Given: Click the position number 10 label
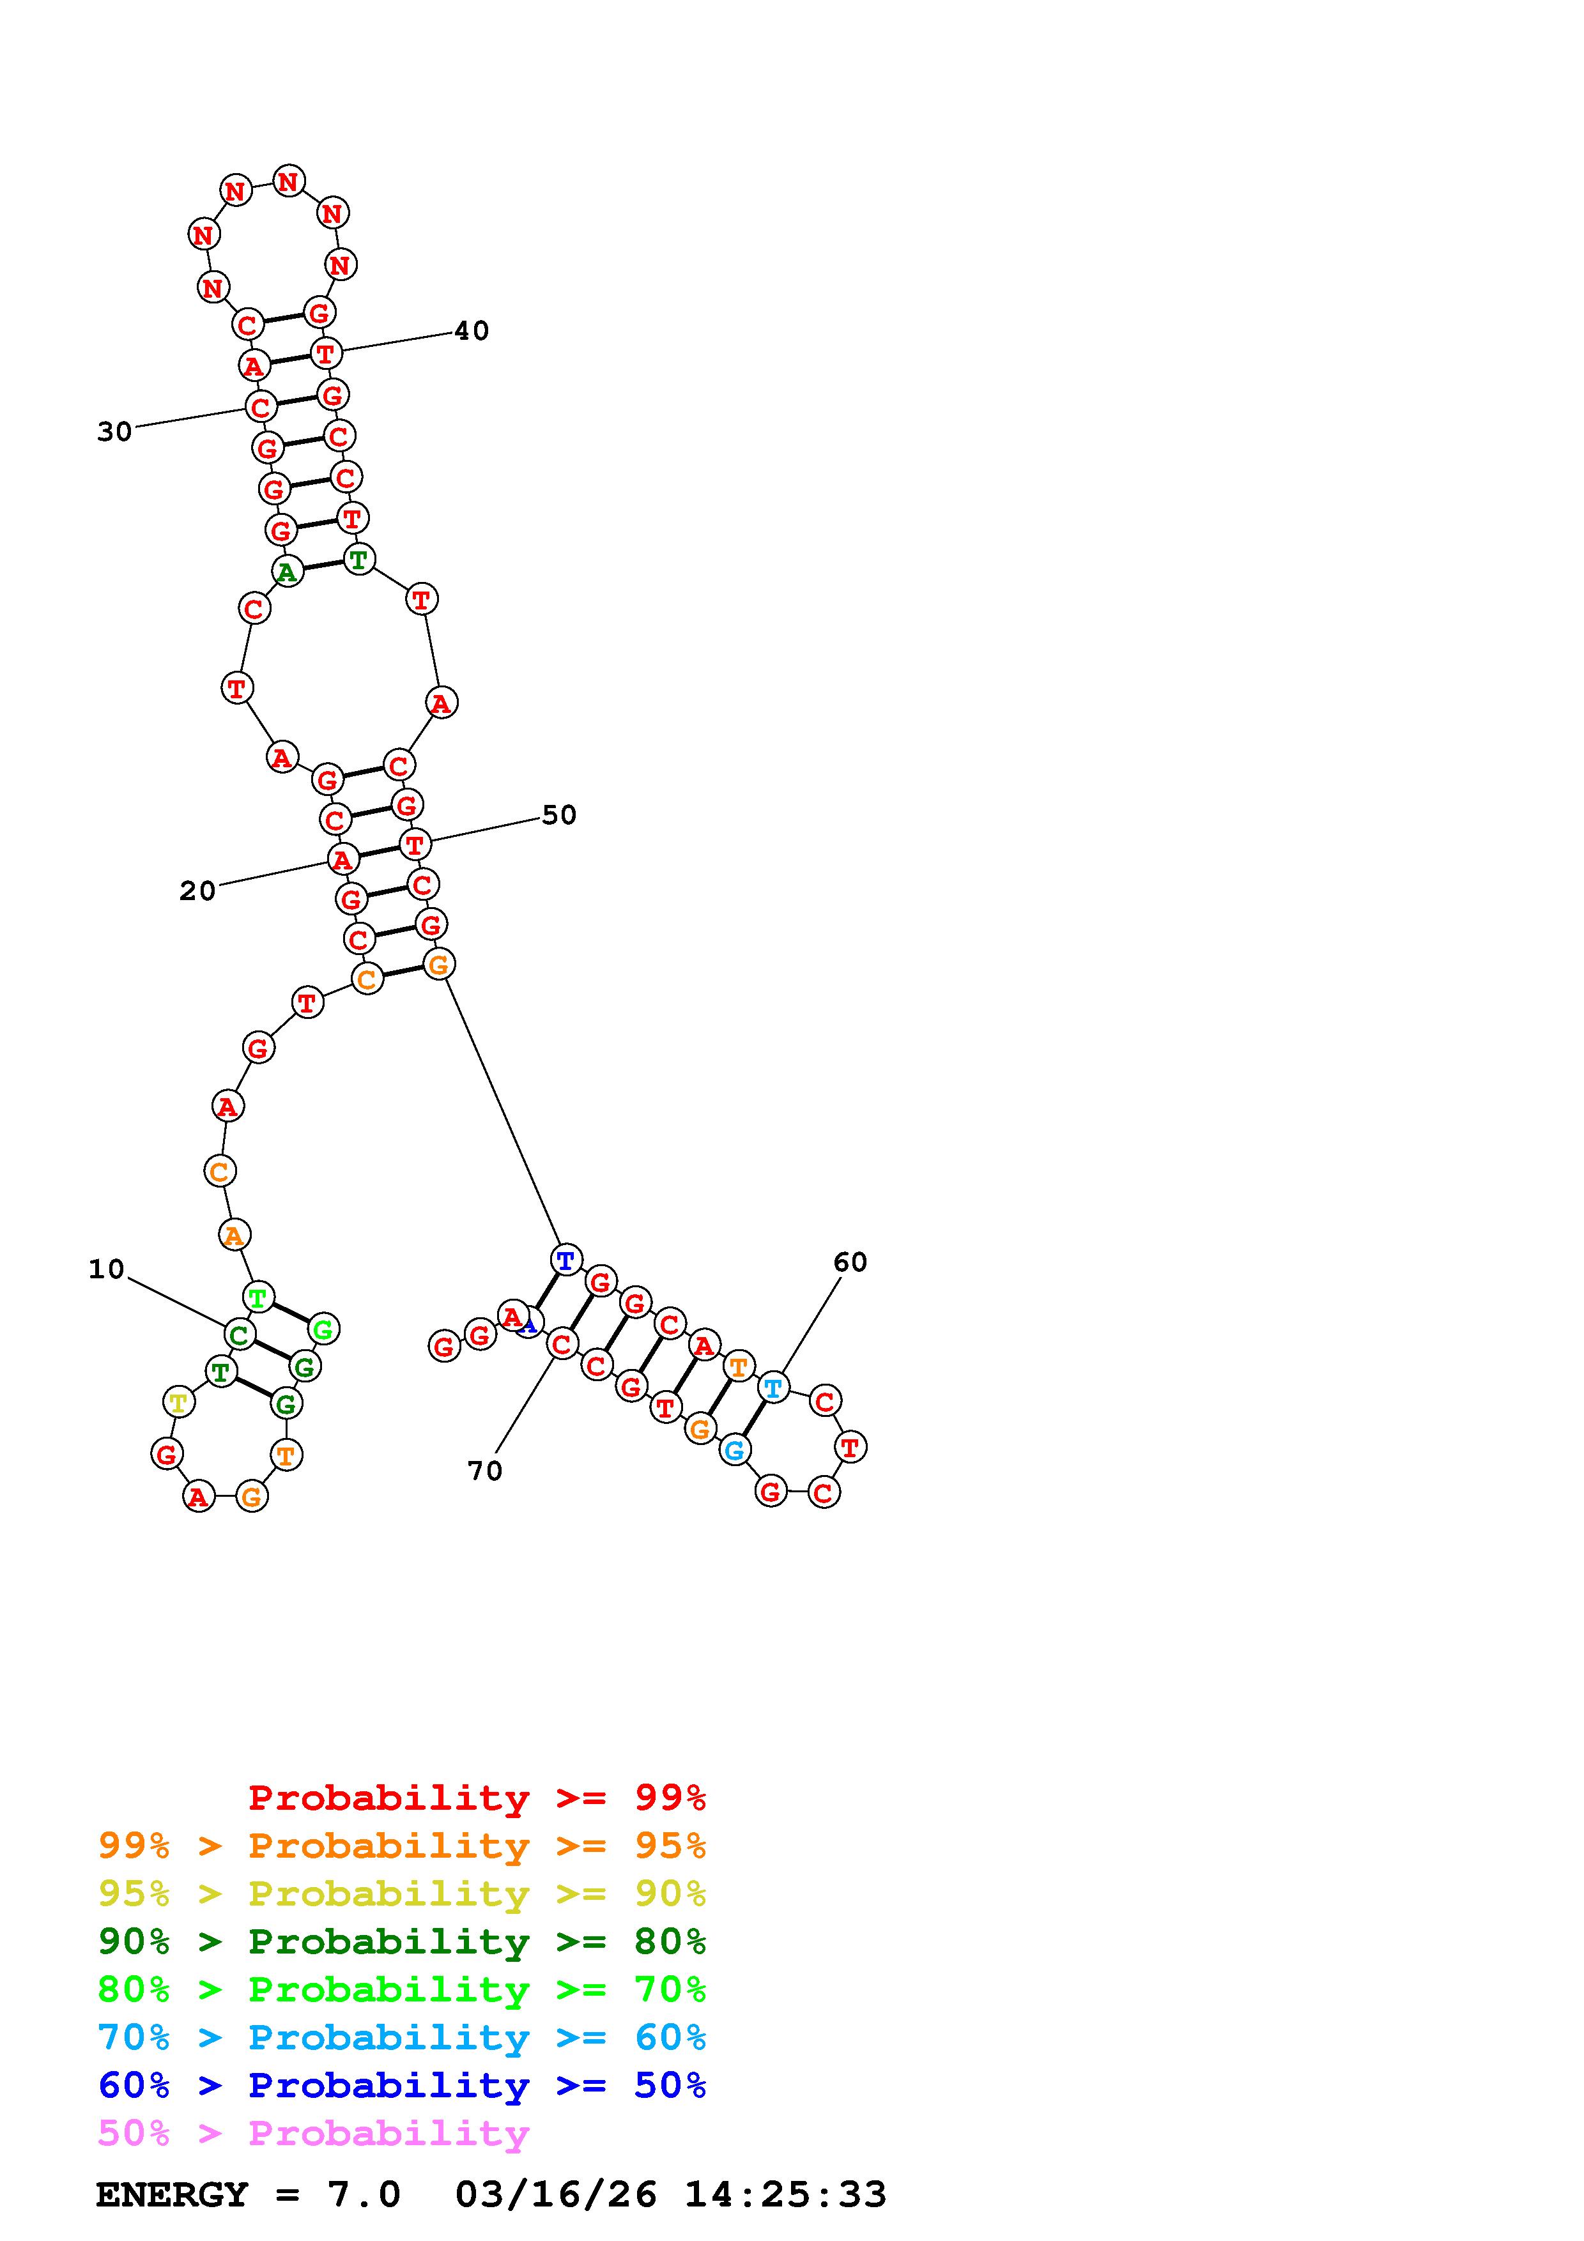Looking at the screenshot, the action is tap(106, 1269).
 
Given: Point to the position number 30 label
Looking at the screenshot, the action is tap(114, 431).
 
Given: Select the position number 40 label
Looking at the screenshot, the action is tap(472, 331).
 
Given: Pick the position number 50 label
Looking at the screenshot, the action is tap(559, 815).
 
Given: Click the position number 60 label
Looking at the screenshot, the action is tap(850, 1262).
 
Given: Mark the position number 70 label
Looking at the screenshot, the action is tap(485, 1471).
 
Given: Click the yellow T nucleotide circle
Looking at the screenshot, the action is tap(178, 1403).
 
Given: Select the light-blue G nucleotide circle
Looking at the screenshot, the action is tap(735, 1450).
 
